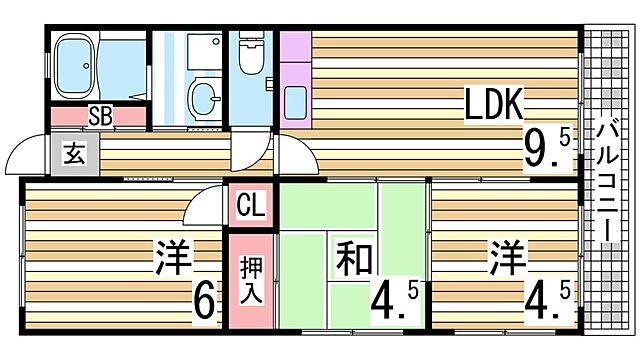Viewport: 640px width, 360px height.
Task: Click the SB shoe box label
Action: [99, 115]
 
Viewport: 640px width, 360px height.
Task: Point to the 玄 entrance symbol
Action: [75, 155]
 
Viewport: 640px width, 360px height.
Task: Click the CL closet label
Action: [251, 208]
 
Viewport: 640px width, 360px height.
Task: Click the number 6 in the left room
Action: [203, 300]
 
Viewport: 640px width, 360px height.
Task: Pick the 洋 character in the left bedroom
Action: [172, 258]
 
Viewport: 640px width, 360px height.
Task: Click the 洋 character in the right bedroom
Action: [508, 258]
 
